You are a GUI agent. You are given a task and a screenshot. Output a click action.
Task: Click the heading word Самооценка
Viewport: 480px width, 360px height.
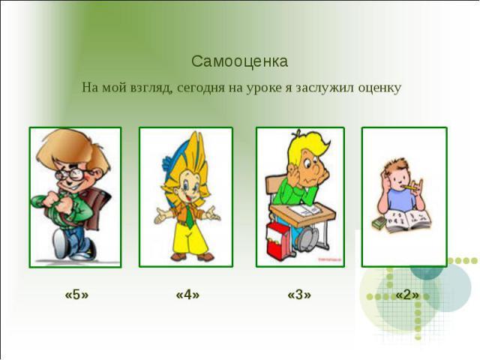tap(240, 61)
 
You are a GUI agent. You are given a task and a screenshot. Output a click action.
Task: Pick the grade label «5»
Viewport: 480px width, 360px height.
tap(76, 295)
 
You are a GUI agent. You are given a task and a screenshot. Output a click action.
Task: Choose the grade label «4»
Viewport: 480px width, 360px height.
tap(188, 295)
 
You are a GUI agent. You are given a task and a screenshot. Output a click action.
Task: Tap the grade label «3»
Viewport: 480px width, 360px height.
tap(299, 295)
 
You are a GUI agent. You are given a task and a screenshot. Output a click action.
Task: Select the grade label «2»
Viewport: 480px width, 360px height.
tap(407, 295)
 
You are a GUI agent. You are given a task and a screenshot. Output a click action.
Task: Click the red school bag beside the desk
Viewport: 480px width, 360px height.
tap(278, 239)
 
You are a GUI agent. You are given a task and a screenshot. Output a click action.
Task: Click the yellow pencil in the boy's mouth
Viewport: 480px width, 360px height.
tap(410, 187)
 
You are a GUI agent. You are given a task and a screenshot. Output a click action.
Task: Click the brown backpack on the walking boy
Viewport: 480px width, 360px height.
tap(97, 209)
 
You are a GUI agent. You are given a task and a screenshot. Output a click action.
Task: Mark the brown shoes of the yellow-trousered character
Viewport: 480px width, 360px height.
tap(192, 256)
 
